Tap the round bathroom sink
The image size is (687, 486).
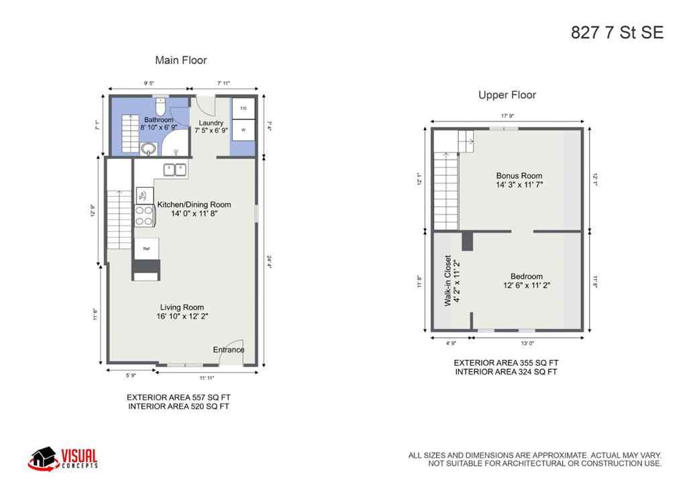pos(148,148)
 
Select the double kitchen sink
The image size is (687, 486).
pos(176,170)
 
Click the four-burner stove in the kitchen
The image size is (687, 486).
pos(145,215)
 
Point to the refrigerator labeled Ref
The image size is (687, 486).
pos(146,248)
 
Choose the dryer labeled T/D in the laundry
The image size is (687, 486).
pos(243,109)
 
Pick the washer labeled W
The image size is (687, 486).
pos(243,130)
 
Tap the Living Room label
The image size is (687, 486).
pos(182,307)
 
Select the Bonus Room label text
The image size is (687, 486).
pos(519,176)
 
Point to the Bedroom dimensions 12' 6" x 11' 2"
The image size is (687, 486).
pos(526,285)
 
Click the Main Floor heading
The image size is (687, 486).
pos(181,60)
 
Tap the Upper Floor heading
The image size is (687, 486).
pos(507,95)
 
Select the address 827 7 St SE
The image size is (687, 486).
pos(617,33)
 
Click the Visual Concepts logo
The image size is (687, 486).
pos(63,458)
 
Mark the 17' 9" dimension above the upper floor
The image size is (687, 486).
pos(507,115)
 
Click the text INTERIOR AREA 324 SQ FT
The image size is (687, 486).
pos(506,372)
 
